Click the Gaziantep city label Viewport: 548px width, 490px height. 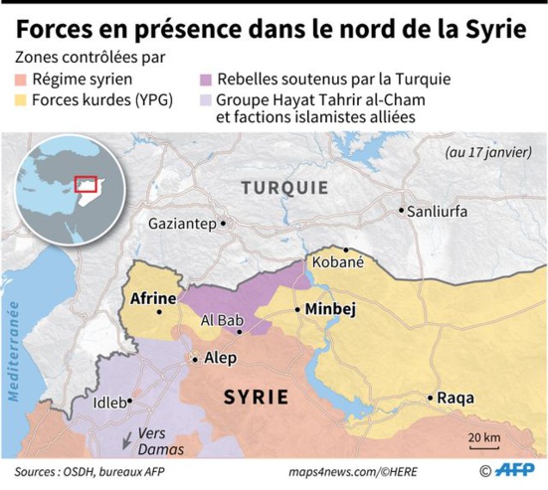pos(182,224)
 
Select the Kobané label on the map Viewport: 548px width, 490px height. pos(338,263)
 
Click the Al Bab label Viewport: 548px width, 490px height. pos(221,320)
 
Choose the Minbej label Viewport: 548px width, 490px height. pos(330,309)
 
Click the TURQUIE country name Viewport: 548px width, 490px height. pos(285,187)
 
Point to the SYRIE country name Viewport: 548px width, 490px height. pos(256,397)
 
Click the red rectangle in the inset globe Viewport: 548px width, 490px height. pos(88,183)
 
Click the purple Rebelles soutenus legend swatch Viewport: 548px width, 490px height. pos(206,78)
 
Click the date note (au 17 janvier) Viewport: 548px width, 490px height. pos(488,154)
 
